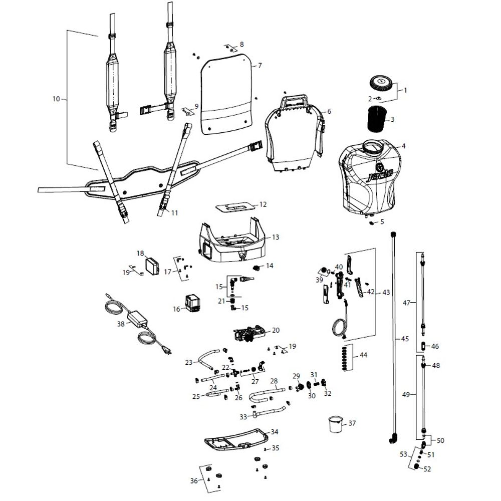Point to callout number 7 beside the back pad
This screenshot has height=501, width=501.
260,66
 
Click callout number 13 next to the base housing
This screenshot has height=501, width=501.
276,237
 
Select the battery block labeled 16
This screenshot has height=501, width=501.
193,303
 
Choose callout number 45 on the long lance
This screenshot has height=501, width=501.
405,339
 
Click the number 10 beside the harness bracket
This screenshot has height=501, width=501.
56,99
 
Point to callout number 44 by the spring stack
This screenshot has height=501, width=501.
363,355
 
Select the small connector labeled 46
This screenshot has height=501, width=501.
423,346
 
